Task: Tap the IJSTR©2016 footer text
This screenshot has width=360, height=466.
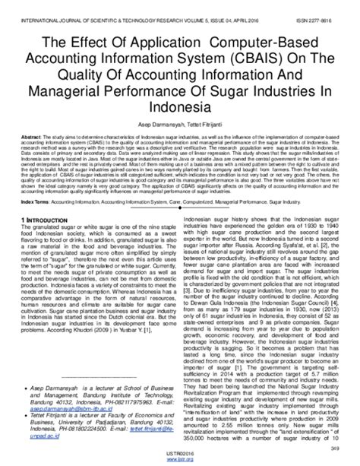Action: (180, 455)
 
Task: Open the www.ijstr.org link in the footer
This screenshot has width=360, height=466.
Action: (180, 461)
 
